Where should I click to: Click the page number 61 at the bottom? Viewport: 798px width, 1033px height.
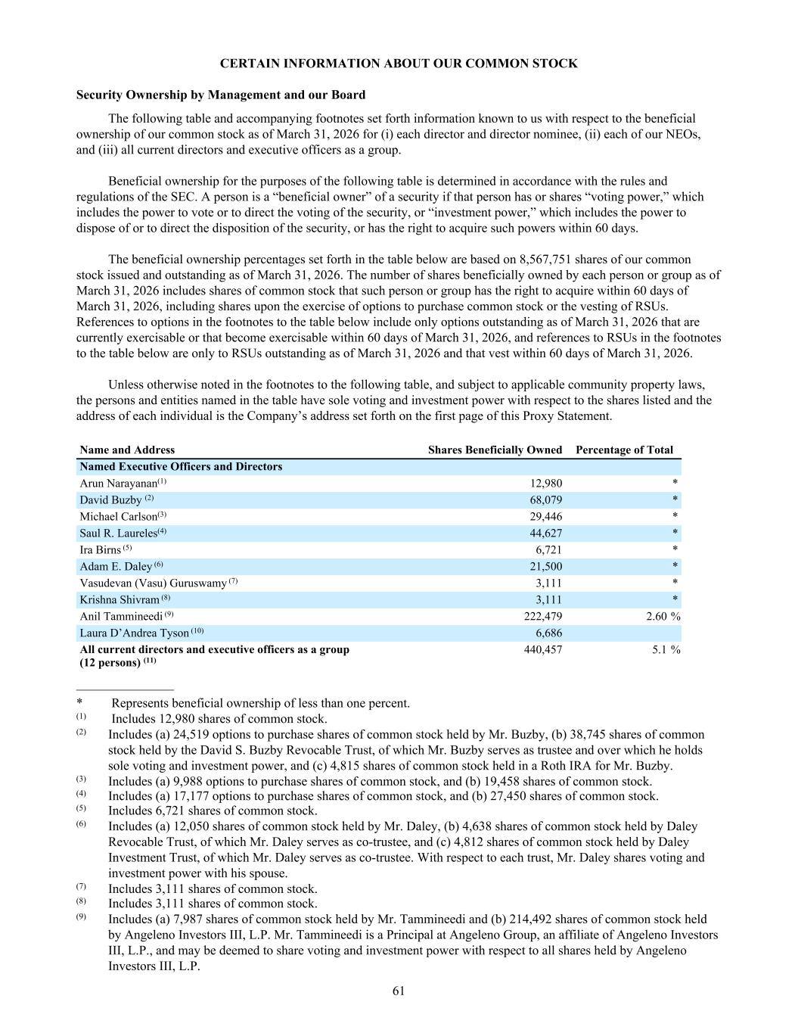coord(399,991)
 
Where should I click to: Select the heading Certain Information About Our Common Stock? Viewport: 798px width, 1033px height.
coord(399,64)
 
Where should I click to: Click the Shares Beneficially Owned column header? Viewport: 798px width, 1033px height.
coord(495,450)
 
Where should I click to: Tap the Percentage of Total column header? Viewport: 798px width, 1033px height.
coord(624,450)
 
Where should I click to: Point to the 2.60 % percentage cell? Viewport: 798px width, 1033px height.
coord(663,617)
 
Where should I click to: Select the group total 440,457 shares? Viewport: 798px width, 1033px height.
coord(542,649)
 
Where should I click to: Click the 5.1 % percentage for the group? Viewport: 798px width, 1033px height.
coord(666,649)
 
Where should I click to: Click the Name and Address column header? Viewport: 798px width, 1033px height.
coord(127,450)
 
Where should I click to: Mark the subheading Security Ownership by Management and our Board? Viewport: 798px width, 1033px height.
coord(221,95)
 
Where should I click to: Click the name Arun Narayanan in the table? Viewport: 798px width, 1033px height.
coord(117,484)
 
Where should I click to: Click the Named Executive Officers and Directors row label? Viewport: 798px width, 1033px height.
coord(181,467)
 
